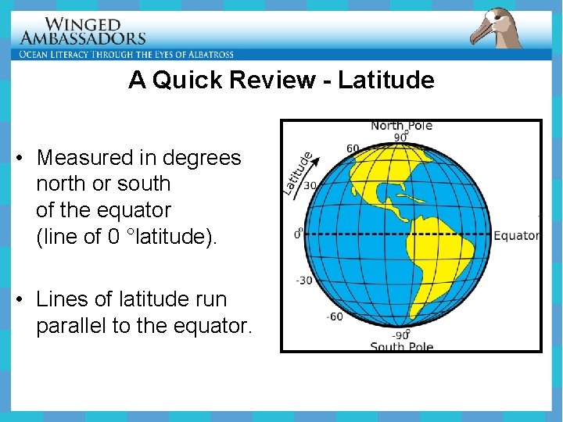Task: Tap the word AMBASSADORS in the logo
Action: (82, 38)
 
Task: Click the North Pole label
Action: (401, 126)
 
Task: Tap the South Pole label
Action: (400, 346)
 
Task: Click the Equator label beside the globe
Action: (517, 235)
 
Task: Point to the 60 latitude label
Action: (353, 148)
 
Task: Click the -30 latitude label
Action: (303, 281)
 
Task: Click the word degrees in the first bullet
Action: (202, 158)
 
